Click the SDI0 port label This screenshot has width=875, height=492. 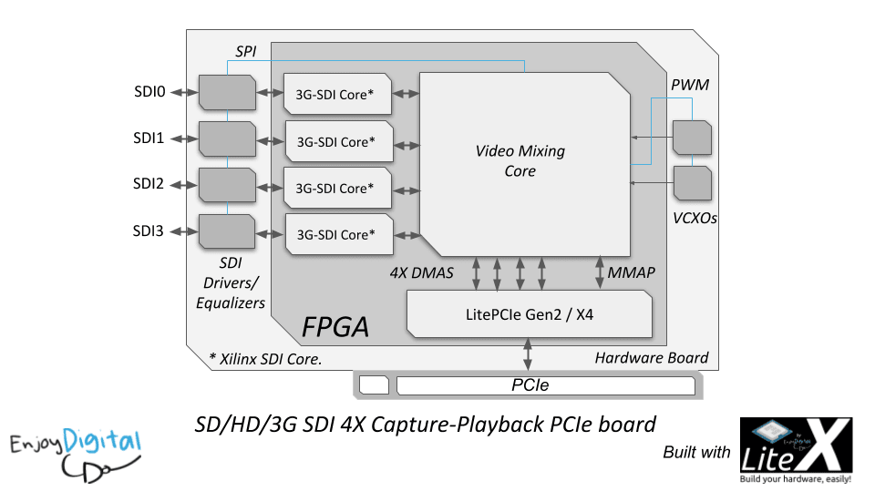[149, 91]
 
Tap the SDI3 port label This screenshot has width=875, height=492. [149, 231]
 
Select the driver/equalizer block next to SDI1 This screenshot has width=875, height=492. [228, 138]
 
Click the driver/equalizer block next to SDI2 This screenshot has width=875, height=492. [228, 185]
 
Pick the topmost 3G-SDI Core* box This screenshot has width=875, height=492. [337, 94]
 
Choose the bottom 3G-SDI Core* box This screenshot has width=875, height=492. [339, 234]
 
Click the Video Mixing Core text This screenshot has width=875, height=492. [520, 160]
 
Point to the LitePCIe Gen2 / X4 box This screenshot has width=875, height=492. [529, 314]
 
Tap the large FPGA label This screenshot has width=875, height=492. [335, 327]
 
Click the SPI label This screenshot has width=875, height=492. [245, 51]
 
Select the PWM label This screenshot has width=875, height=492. [690, 85]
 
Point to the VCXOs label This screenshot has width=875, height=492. [695, 218]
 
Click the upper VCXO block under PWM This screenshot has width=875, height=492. [692, 138]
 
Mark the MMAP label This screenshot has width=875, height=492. [631, 272]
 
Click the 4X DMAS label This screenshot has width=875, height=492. [421, 272]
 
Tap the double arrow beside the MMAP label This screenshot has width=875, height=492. [600, 272]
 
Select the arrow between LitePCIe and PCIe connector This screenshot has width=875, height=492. [528, 354]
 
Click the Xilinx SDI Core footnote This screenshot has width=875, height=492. [265, 359]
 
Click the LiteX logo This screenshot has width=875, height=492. [796, 450]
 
